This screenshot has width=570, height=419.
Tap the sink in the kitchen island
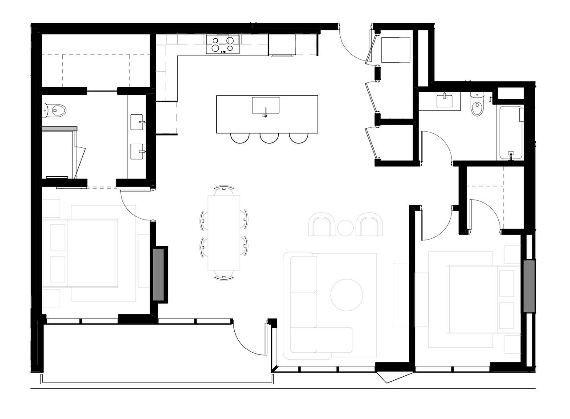pos(265,106)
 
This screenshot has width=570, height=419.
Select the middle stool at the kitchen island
pos(269,138)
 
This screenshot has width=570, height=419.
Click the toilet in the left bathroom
pos(55,110)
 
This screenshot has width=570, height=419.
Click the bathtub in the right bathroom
pos(510,133)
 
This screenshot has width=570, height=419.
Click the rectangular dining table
pos(224,232)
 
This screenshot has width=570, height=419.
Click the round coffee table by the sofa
pos(347,295)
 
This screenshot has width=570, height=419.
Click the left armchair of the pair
pos(322,225)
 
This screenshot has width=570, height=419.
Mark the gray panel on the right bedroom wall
pos(529,286)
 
